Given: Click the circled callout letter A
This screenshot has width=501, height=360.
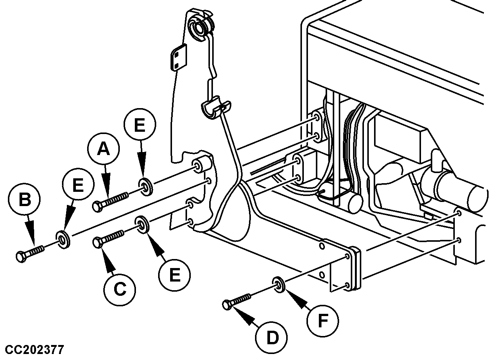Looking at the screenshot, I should (104, 149).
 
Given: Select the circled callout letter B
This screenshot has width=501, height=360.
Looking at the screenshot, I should (25, 199).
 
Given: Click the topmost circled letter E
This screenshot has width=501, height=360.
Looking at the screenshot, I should (139, 125).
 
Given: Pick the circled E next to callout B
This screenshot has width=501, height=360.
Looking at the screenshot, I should (78, 185).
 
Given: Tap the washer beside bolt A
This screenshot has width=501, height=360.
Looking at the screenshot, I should (145, 187).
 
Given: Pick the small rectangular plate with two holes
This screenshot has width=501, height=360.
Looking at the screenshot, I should (178, 57).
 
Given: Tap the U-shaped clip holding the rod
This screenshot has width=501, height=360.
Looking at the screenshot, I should (213, 108).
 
